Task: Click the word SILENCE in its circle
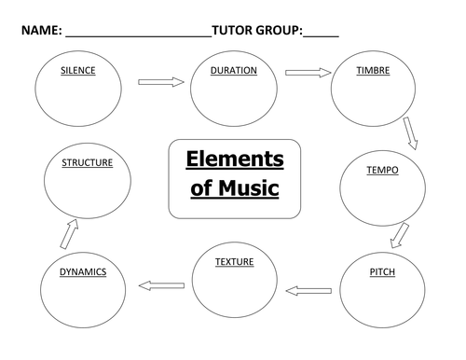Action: click(x=78, y=71)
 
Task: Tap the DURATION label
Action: click(x=234, y=71)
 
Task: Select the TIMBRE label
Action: click(x=373, y=71)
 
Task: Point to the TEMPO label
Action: click(x=382, y=170)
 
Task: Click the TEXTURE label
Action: click(x=234, y=262)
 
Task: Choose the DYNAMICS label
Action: click(x=83, y=272)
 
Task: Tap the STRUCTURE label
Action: click(x=87, y=162)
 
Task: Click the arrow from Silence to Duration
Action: click(x=161, y=82)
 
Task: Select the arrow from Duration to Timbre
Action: click(x=308, y=72)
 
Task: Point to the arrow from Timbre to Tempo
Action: click(x=410, y=132)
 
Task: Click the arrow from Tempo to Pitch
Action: click(x=399, y=235)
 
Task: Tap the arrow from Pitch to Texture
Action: click(x=308, y=291)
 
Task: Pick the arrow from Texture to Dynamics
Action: click(x=161, y=284)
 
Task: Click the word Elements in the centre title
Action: click(x=235, y=159)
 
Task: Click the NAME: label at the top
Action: click(x=41, y=32)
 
